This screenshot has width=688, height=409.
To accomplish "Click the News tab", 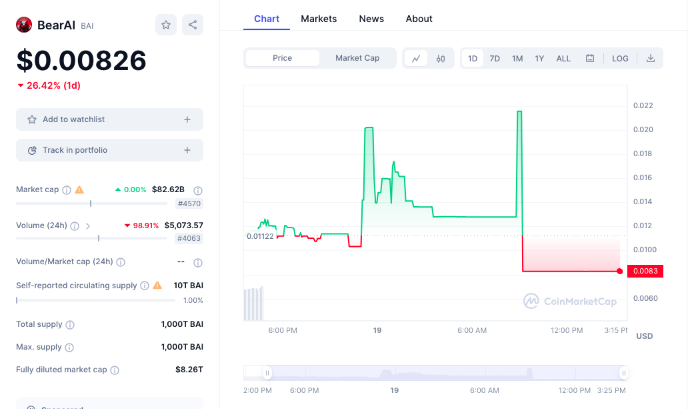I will click(371, 19).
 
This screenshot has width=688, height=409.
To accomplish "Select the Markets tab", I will click(319, 19).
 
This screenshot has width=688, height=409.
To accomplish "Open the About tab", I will click(419, 19).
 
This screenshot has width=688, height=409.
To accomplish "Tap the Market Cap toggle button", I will click(357, 58).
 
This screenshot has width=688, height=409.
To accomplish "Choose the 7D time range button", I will click(495, 58).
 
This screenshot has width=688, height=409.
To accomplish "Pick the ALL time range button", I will click(563, 58).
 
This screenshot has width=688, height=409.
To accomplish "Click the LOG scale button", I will click(620, 58).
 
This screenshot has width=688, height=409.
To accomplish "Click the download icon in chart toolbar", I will click(651, 58).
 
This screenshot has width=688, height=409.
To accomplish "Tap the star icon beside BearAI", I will click(166, 25).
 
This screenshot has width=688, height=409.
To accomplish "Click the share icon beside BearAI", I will click(193, 25).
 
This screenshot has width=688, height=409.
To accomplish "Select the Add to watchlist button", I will click(109, 119).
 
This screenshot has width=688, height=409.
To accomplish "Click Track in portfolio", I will click(109, 150).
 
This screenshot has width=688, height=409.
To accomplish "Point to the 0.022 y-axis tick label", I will click(643, 105).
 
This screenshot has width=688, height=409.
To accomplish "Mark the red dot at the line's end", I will click(620, 271).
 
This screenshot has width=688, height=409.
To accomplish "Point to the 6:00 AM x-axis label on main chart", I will click(472, 330).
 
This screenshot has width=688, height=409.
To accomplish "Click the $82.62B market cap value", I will click(168, 189).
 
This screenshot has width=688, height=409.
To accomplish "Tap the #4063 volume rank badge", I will click(189, 238).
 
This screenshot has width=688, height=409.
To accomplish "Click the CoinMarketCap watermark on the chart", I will click(570, 301).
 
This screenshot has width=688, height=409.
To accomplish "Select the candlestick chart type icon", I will click(441, 58).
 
